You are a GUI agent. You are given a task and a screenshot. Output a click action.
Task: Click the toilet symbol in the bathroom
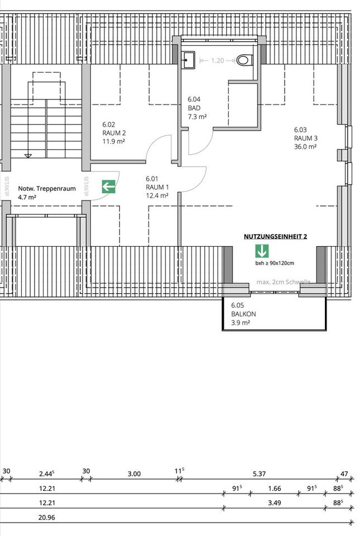[x=244, y=60]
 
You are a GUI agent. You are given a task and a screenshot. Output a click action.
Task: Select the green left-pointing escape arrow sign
[x=108, y=186]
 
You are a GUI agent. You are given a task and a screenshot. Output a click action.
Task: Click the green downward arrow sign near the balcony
[x=262, y=251]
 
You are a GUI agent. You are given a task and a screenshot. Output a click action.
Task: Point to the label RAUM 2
[x=114, y=133]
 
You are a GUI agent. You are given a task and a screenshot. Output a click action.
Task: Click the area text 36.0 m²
[x=305, y=147]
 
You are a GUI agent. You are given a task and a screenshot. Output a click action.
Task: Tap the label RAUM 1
[x=157, y=187]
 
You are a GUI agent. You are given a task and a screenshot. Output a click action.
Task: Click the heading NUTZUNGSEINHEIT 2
[x=275, y=236]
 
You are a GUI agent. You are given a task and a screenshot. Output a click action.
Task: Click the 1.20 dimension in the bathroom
[x=218, y=60]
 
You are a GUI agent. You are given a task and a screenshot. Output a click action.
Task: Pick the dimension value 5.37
[x=259, y=474]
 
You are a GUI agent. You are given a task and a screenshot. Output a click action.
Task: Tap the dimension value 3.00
[x=134, y=474]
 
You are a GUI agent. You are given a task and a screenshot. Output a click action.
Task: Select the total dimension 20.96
[x=46, y=518]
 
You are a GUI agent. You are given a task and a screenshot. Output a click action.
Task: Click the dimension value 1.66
[x=274, y=489]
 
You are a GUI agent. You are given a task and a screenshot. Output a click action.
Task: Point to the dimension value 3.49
[x=274, y=503]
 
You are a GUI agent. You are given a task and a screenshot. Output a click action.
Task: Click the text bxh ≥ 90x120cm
[x=275, y=263]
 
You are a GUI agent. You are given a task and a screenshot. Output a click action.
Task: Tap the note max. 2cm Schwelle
[x=283, y=283]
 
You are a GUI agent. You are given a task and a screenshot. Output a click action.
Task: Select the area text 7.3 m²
[x=198, y=117]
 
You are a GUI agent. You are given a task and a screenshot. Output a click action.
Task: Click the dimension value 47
[x=344, y=474]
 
